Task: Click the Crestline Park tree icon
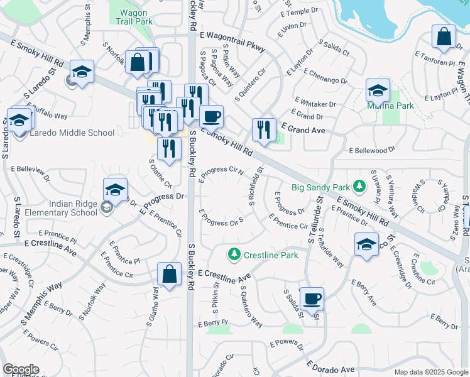(x=234, y=254)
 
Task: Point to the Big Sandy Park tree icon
(x=359, y=187)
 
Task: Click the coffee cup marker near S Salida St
(x=311, y=299)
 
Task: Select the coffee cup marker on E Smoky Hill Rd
(x=211, y=116)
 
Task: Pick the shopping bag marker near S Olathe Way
(x=169, y=275)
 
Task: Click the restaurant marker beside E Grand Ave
(x=263, y=130)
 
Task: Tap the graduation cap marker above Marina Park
(x=377, y=92)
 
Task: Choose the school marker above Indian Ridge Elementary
(x=116, y=190)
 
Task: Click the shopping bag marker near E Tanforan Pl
(x=444, y=37)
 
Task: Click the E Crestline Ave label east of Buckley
(x=224, y=275)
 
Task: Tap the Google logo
(x=21, y=369)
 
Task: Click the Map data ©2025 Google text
(x=430, y=372)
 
